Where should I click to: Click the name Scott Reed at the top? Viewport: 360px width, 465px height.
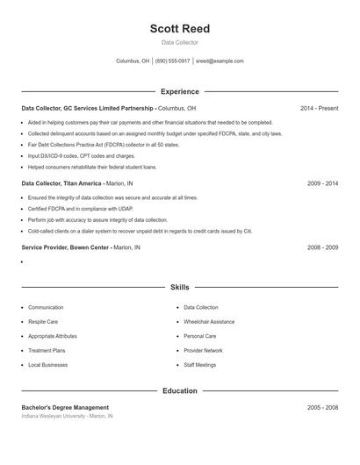(x=179, y=28)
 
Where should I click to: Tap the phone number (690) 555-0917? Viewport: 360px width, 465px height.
(x=173, y=61)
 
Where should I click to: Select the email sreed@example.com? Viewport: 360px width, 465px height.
(x=220, y=61)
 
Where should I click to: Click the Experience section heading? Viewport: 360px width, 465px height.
(x=179, y=91)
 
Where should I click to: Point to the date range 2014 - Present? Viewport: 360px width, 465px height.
(x=319, y=108)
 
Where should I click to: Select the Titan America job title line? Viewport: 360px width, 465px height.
(x=77, y=183)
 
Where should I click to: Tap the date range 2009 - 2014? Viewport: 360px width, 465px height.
(x=322, y=183)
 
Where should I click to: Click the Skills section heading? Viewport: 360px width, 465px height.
(x=179, y=287)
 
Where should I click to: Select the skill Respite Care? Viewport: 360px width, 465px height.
(x=43, y=322)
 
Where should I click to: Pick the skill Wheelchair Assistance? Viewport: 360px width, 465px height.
(x=209, y=322)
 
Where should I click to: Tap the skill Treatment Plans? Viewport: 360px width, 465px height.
(x=47, y=350)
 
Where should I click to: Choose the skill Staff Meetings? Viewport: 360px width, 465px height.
(x=200, y=364)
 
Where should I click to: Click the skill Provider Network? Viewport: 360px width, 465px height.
(x=203, y=350)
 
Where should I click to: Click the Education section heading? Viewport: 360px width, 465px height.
(x=179, y=390)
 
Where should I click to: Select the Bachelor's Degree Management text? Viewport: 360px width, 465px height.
(x=65, y=407)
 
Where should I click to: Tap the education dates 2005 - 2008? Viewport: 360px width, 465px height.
(x=322, y=407)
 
